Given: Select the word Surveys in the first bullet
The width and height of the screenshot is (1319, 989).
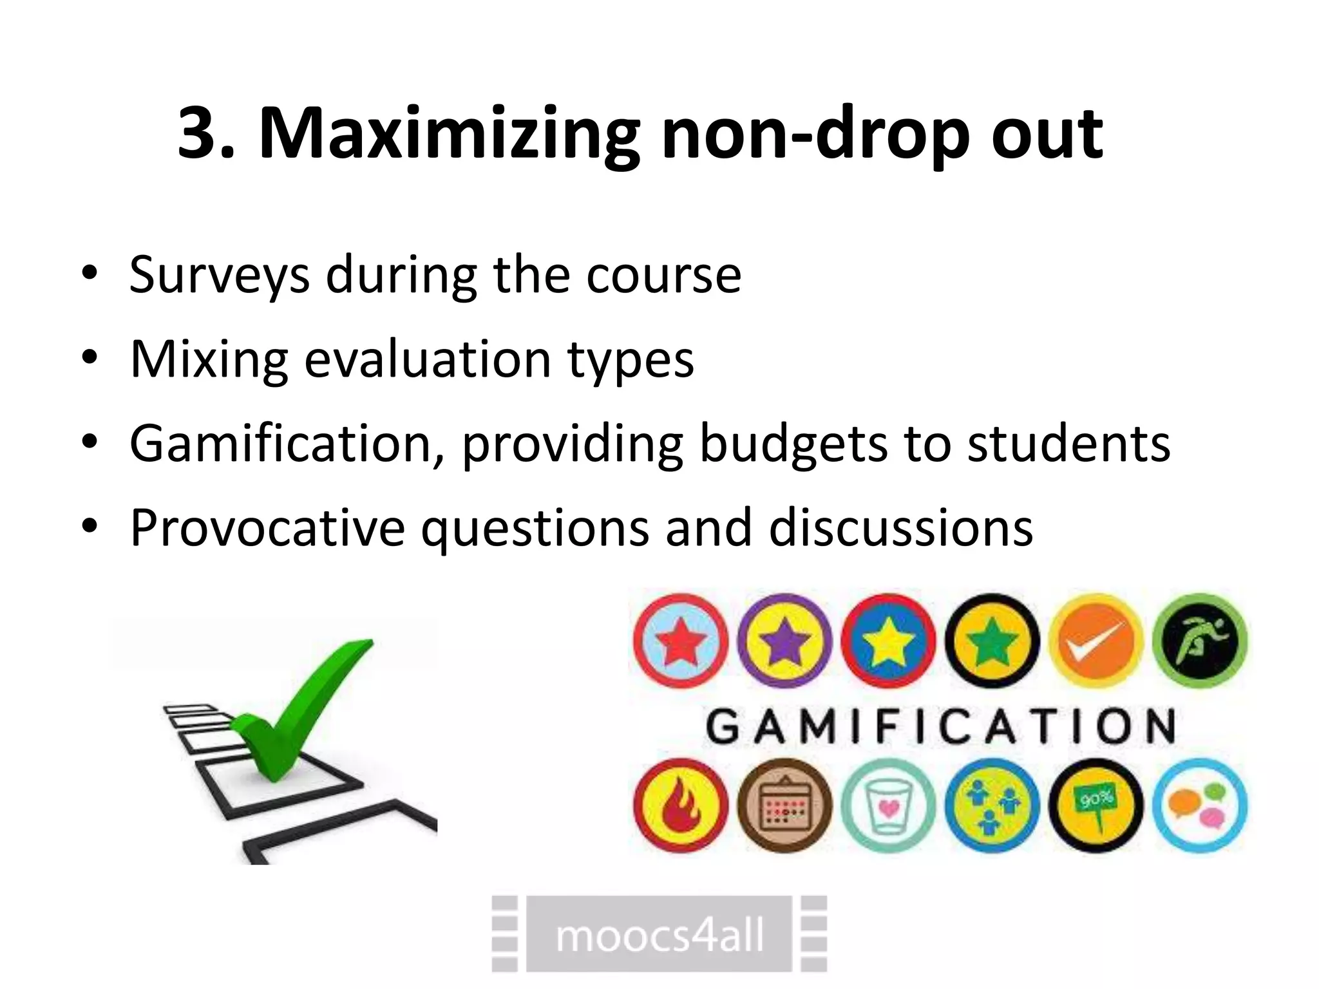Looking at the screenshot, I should pyautogui.click(x=219, y=275).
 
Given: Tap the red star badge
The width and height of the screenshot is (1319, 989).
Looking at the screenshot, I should pyautogui.click(x=681, y=641).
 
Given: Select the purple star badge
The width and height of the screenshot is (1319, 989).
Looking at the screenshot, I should pyautogui.click(x=784, y=641).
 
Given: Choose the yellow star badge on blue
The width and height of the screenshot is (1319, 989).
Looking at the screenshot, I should pyautogui.click(x=887, y=641).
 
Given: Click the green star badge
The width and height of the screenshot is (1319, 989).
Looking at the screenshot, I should pyautogui.click(x=992, y=641).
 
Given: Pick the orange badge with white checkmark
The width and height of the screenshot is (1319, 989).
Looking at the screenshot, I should pyautogui.click(x=1096, y=641).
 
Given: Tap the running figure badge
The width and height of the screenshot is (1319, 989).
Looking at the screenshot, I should pyautogui.click(x=1199, y=641).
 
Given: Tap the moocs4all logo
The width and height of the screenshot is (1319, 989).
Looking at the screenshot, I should pyautogui.click(x=659, y=934).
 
